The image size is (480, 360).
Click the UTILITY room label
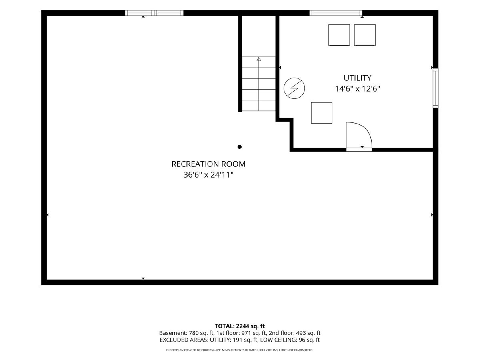[357, 78]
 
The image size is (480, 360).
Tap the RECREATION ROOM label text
[208, 164]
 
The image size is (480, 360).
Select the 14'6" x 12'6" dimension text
[358, 89]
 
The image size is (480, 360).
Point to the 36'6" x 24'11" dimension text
[208, 175]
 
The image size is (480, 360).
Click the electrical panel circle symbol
[294, 88]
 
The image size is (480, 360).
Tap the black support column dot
[240, 147]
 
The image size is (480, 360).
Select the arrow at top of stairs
[259, 59]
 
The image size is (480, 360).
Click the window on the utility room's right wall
[436, 88]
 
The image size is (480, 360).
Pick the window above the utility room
[336, 13]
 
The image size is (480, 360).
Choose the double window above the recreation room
[154, 13]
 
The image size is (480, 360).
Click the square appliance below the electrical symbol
[322, 113]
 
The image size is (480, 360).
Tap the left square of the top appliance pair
[339, 35]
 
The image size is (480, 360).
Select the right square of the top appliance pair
[365, 35]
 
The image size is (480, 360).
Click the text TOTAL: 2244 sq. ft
[240, 326]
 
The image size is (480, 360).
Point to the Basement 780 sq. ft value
[186, 333]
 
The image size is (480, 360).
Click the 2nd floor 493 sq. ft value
[294, 333]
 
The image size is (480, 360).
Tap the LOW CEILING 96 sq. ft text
[290, 340]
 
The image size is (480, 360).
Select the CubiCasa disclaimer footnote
[240, 350]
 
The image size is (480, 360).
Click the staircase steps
[259, 84]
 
